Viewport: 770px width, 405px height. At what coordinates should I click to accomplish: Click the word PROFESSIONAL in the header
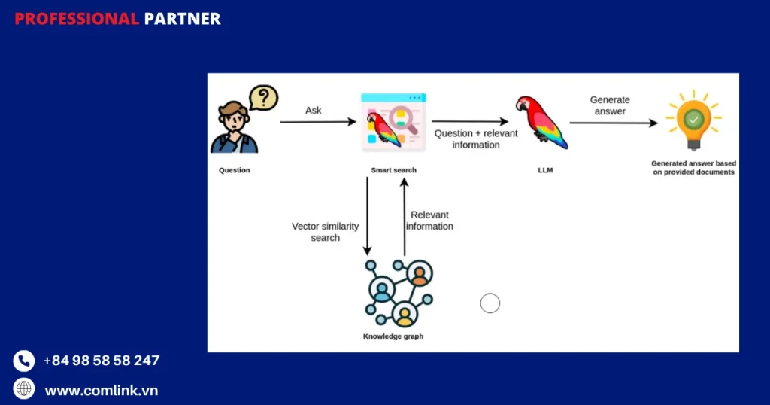pos(77,19)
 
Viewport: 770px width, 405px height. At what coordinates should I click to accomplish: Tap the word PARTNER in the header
pos(182,19)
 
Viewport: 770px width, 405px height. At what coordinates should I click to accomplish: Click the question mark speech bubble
pos(263,99)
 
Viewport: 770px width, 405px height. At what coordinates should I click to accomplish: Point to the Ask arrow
pos(317,121)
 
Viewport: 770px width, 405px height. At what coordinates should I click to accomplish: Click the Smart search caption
pos(393,170)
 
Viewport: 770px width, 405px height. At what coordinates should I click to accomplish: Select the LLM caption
pos(545,170)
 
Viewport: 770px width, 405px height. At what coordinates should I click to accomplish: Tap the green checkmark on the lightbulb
pos(693,119)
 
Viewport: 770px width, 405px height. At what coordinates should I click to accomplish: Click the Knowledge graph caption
pos(393,336)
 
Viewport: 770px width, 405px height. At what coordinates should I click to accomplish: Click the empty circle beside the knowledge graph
pos(490,303)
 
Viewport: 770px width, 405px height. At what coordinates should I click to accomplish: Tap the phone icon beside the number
pos(24,361)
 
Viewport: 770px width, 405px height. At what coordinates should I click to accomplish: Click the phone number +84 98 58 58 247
pos(102,361)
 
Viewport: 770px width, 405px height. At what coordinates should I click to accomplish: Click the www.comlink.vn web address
pos(102,391)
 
